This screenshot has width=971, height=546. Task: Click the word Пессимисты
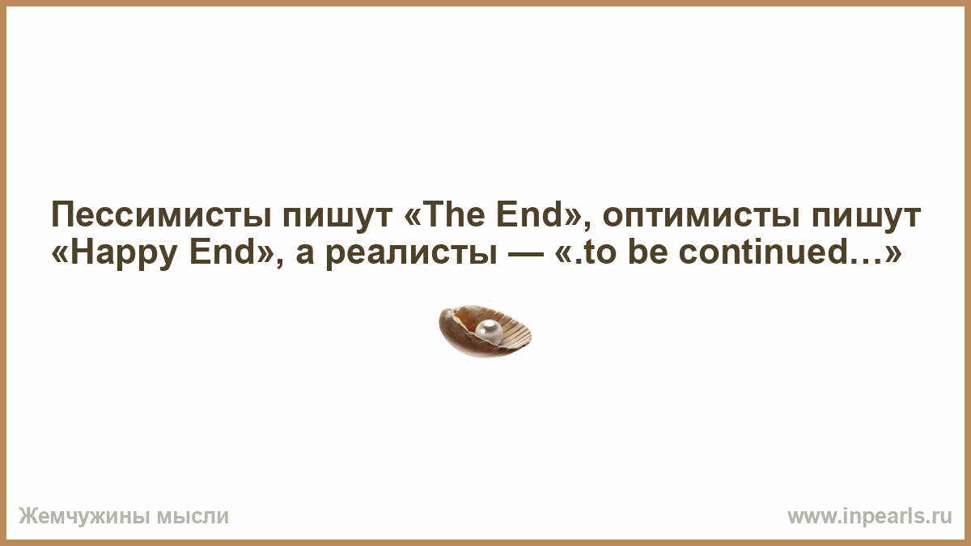161,215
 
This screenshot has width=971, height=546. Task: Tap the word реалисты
411,253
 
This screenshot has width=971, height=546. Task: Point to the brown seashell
485,332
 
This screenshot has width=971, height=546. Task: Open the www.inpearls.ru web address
870,517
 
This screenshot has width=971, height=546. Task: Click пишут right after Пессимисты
337,216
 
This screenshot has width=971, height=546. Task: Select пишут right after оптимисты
866,216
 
